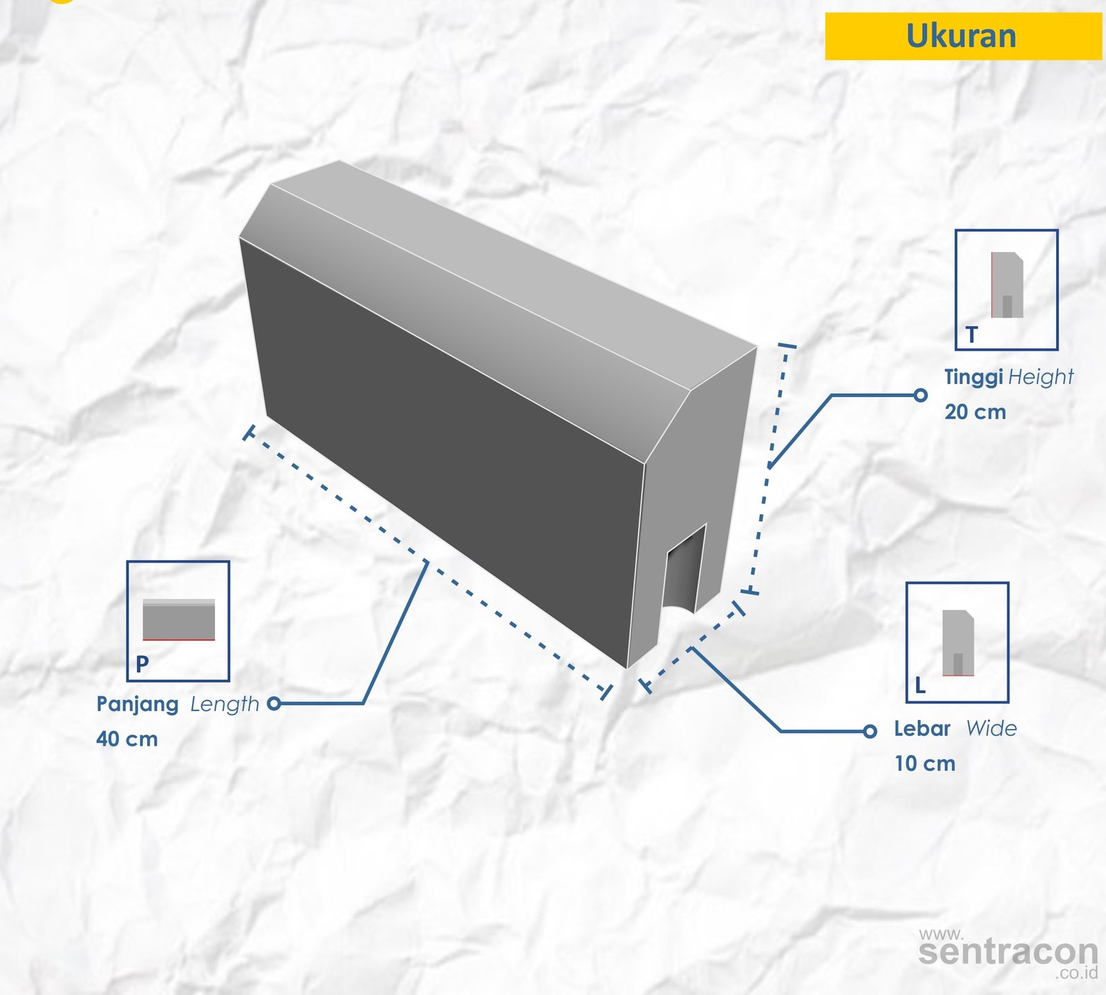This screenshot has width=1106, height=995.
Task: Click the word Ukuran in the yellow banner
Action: click(961, 36)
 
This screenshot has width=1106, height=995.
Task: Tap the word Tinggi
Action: click(973, 377)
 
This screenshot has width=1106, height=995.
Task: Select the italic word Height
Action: click(1041, 377)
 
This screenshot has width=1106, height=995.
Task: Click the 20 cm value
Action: click(975, 412)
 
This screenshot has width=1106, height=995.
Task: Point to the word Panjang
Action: click(138, 705)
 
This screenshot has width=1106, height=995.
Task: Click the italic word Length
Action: click(225, 704)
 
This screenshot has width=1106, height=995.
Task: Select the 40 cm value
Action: click(127, 739)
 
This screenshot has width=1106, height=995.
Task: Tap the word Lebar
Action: click(922, 728)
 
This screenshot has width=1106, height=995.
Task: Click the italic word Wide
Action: click(991, 728)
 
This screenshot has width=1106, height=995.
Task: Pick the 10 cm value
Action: click(925, 764)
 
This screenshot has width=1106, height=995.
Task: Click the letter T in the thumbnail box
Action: click(972, 335)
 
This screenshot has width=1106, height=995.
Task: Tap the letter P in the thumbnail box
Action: click(142, 664)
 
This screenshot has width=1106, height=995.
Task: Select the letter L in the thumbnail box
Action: click(920, 685)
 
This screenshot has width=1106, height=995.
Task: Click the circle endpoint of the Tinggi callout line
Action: click(920, 395)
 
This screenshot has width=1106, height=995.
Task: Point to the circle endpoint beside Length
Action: click(274, 703)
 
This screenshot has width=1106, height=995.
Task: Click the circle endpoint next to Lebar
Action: click(870, 731)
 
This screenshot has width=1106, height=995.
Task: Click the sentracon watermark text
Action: click(1008, 952)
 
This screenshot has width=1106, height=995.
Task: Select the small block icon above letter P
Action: click(179, 619)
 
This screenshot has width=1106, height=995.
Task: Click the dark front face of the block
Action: click(442, 442)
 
